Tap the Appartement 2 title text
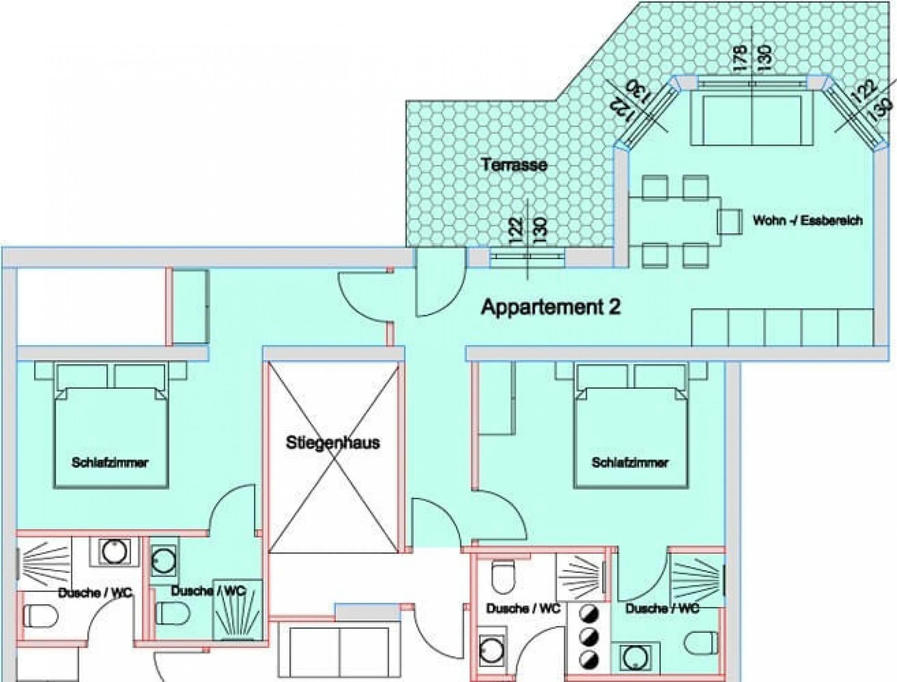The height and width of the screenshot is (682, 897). (x=551, y=307)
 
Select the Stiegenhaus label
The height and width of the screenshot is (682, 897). (x=333, y=443)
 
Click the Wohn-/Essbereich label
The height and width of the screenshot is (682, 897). (x=808, y=221)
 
